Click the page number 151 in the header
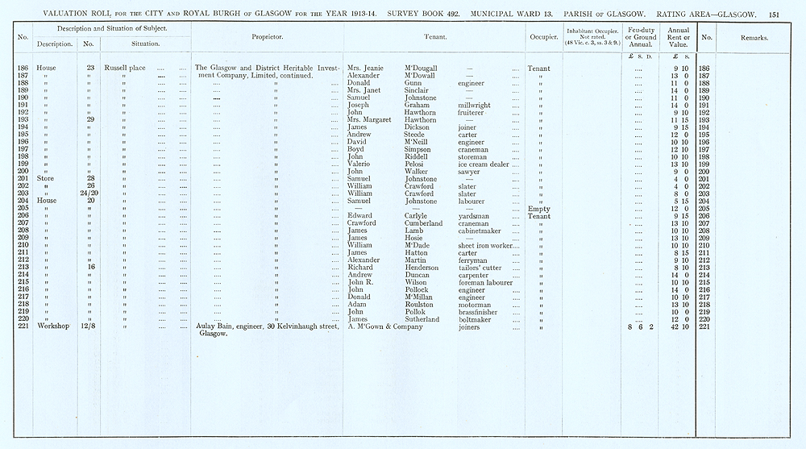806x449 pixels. point(774,14)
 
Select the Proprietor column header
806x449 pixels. point(267,37)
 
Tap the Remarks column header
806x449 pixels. point(754,37)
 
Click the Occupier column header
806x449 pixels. point(544,37)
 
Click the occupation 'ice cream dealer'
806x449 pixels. point(484,164)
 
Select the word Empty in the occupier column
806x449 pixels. point(538,209)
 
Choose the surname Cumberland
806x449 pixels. point(423,223)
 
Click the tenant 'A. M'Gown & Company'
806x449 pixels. point(385,326)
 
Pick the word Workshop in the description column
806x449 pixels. point(52,326)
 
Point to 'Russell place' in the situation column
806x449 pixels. point(123,69)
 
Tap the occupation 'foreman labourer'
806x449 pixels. point(486,282)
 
